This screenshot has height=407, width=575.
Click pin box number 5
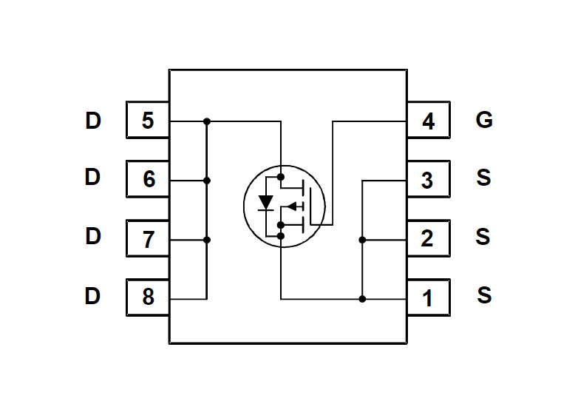point(148,120)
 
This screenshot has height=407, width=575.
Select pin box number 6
point(148,179)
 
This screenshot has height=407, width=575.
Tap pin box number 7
point(148,238)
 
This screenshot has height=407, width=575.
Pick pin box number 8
point(148,297)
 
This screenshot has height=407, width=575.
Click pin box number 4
point(428,121)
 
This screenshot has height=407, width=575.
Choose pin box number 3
point(428,180)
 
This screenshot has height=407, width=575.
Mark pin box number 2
point(428,239)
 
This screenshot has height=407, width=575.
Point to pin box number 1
point(428,298)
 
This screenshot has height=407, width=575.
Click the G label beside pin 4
point(484,120)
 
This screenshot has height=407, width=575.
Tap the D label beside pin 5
point(92,120)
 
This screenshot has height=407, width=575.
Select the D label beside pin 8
point(92,297)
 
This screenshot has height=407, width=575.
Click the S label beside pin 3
point(484,178)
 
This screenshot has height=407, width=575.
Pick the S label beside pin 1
point(484,296)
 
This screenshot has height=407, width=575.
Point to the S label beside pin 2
point(484,238)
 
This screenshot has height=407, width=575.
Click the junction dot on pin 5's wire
point(207,121)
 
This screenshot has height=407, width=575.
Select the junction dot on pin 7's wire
point(207,240)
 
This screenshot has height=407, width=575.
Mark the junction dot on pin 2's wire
point(362,240)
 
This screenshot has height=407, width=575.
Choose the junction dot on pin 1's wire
point(362,299)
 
